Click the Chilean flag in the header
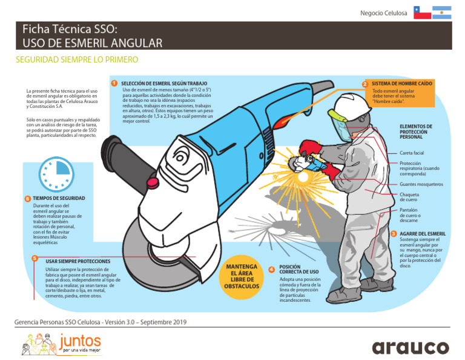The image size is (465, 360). click(422, 13)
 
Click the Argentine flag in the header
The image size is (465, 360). click(442, 13)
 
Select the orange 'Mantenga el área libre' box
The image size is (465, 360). click(241, 276)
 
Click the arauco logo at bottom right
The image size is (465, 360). click(410, 347)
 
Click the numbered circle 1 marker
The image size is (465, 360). click(114, 83)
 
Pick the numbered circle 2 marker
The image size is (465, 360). click(365, 84)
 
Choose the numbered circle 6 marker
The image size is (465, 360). click(27, 199)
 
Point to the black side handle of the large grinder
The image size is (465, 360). click(114, 153)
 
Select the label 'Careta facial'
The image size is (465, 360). click(412, 153)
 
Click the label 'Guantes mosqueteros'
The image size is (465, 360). click(421, 184)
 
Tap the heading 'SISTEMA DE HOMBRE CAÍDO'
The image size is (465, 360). click(401, 84)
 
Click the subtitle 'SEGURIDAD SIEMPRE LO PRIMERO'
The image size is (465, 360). click(77, 60)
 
